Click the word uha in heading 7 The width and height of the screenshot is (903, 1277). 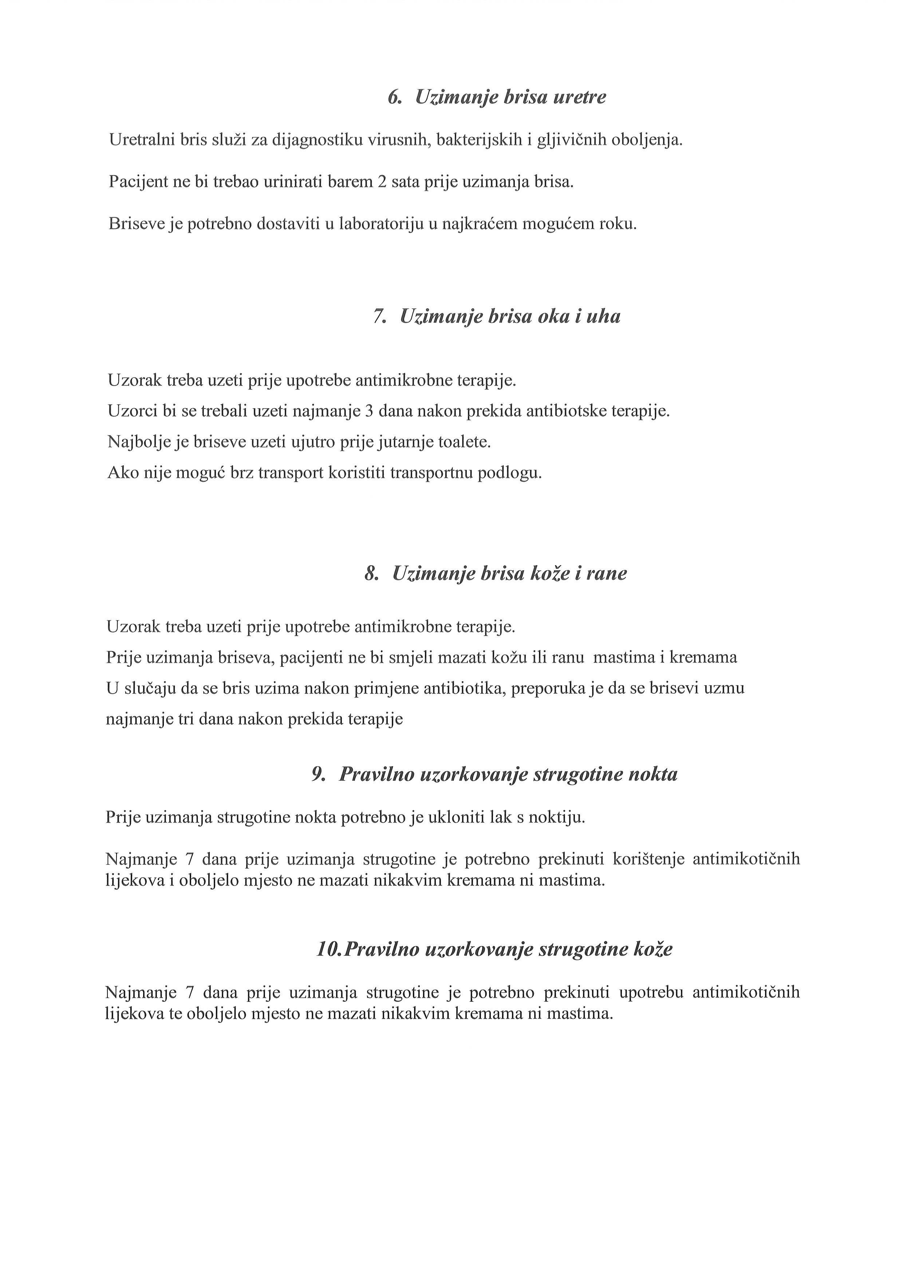point(604,317)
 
